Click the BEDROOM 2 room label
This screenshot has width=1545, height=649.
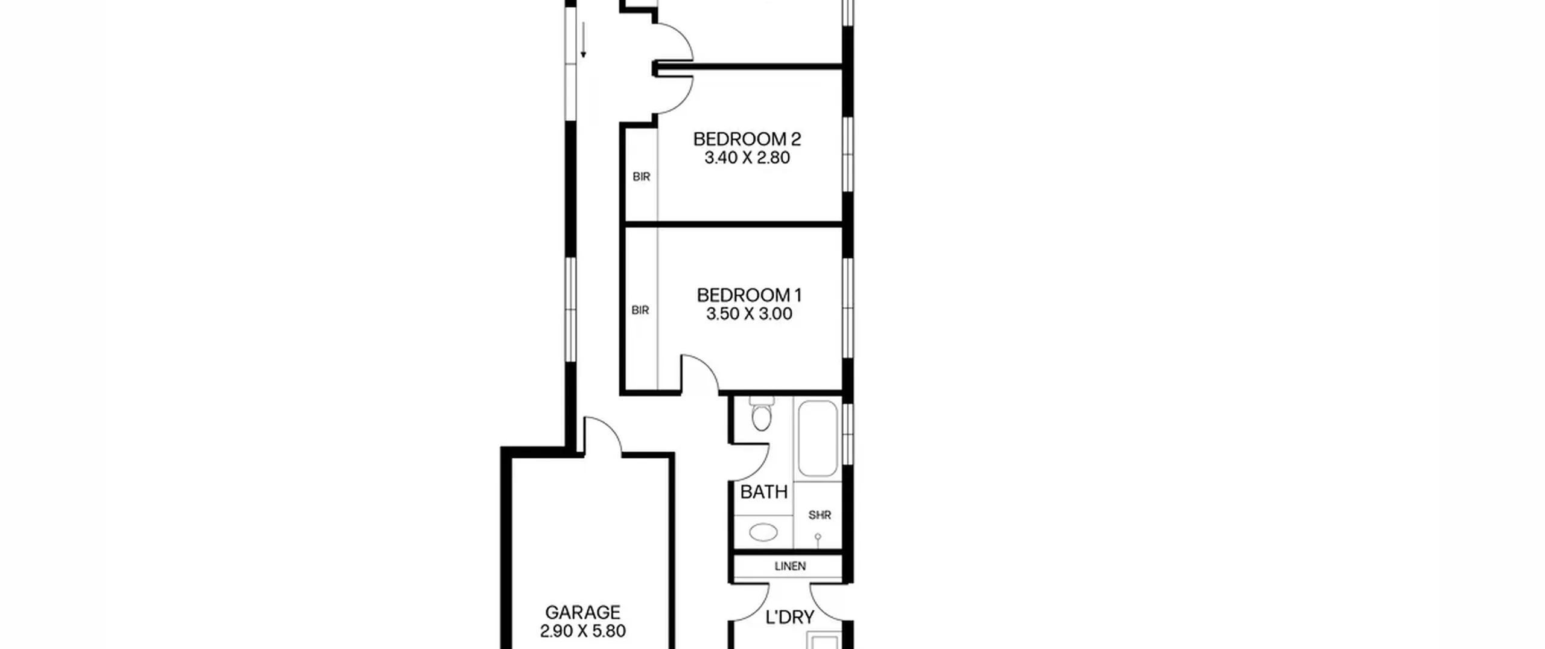pos(747,139)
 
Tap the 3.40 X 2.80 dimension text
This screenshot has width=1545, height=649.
pos(747,158)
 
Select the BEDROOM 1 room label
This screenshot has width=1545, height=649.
pos(749,295)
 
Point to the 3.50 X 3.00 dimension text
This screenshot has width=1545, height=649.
pos(749,314)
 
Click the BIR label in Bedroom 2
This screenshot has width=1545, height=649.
pos(641,177)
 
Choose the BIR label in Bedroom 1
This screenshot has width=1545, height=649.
pos(640,310)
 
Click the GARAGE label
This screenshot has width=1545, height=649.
pos(582,612)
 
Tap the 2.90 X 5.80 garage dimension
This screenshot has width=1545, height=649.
pos(582,631)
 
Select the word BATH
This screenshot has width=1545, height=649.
pos(763,492)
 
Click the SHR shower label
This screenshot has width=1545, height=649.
pos(820,515)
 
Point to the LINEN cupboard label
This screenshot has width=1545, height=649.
pos(790,566)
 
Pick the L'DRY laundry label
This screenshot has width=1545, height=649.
pos(789,618)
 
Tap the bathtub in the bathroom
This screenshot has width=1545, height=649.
pos(818,439)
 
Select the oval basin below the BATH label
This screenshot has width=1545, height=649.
pos(763,532)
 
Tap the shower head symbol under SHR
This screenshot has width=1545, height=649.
pos(818,539)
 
